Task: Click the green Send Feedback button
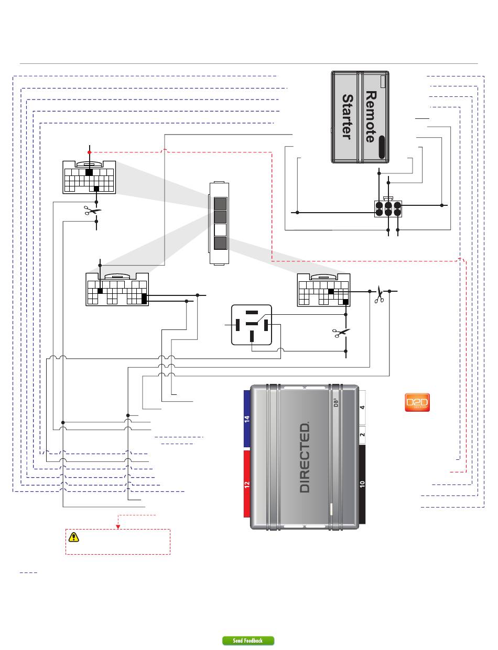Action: coord(248,641)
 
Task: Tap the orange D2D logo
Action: coord(417,402)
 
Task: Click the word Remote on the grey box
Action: coord(371,117)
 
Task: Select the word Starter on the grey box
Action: coord(348,117)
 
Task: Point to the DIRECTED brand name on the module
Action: coord(305,457)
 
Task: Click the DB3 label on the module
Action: coord(336,402)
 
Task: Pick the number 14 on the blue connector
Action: coord(247,419)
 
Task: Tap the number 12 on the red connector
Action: coord(247,485)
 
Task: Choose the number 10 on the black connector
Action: coord(362,484)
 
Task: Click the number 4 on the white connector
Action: coord(362,407)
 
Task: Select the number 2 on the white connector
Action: coord(362,434)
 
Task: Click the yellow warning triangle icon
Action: coord(73,537)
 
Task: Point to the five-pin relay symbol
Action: coord(252,325)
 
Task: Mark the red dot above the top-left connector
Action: coord(89,152)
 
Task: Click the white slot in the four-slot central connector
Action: coord(220,230)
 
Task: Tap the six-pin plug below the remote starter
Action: coord(388,208)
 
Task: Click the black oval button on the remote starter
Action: coord(382,147)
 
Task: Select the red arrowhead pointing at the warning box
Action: coord(118,527)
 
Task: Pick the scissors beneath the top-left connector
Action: coord(92,211)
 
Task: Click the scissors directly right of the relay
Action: coord(341,333)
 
